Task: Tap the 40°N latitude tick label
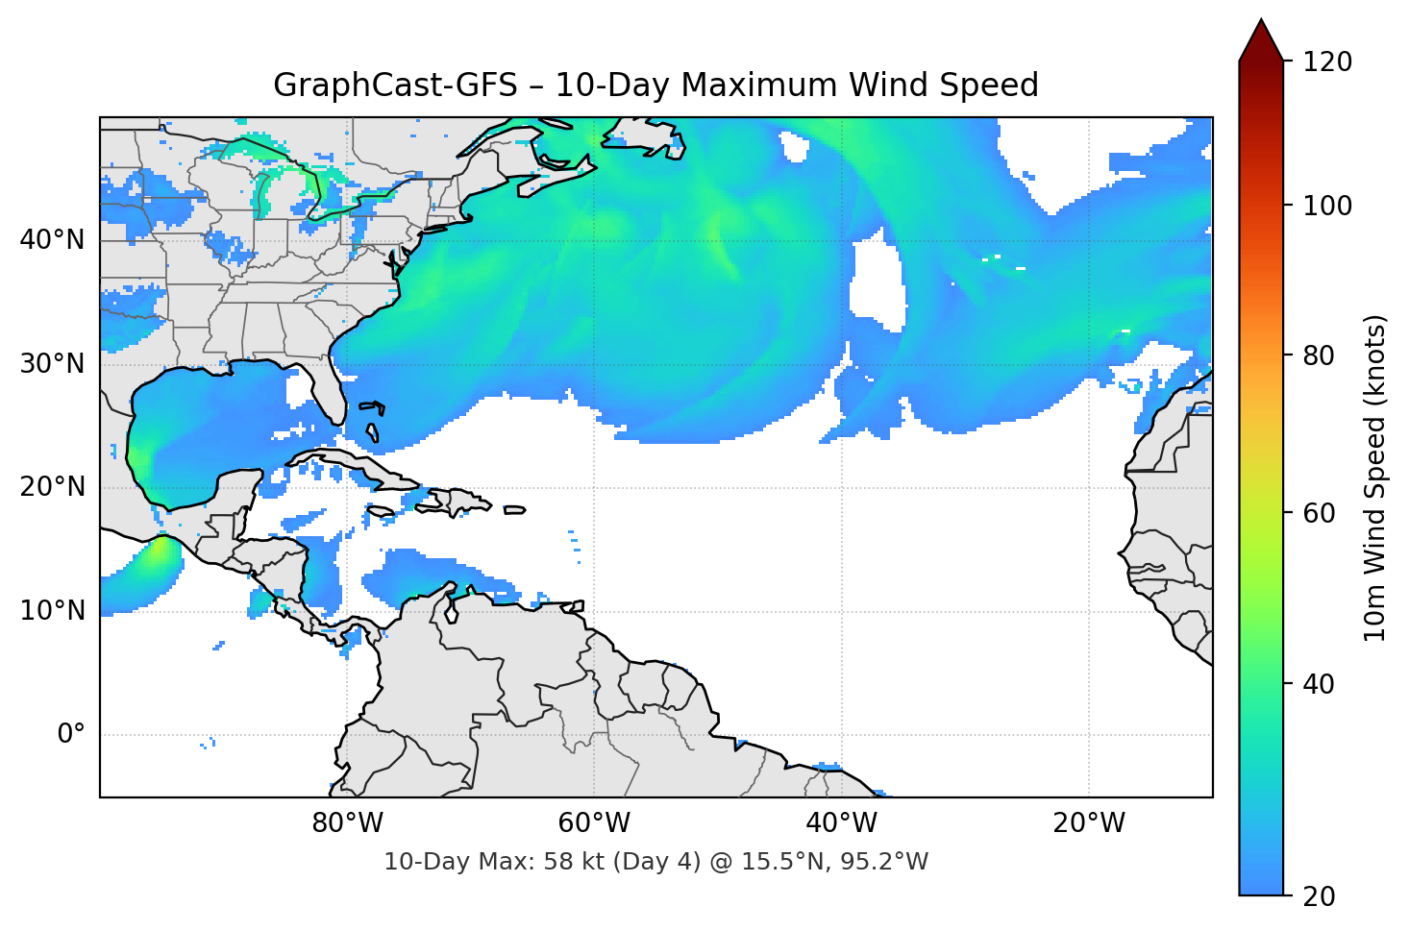[52, 240]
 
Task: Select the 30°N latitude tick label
[52, 364]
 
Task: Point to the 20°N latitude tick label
[52, 487]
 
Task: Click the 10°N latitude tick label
[52, 611]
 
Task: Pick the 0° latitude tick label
[71, 735]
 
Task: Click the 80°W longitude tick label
[347, 823]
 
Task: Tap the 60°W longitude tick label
[594, 823]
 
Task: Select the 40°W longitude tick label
[842, 823]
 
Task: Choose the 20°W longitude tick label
[1089, 823]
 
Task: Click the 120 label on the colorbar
[1326, 62]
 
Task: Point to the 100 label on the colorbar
[1326, 206]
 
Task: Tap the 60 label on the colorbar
[1319, 513]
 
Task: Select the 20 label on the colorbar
[1319, 895]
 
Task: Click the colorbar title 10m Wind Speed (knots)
[1375, 478]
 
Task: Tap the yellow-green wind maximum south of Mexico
[155, 557]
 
